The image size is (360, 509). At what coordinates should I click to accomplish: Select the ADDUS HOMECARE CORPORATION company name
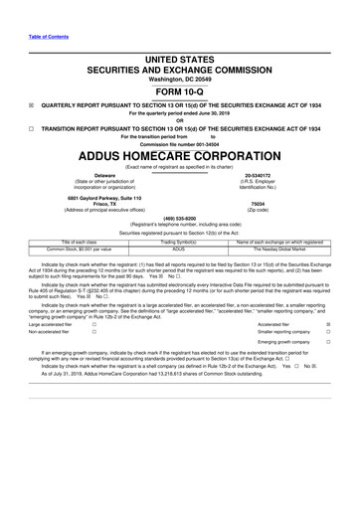[179, 157]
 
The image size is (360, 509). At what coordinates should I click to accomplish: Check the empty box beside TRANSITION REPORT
[32, 128]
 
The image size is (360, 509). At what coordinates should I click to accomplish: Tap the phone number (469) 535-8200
[179, 217]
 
